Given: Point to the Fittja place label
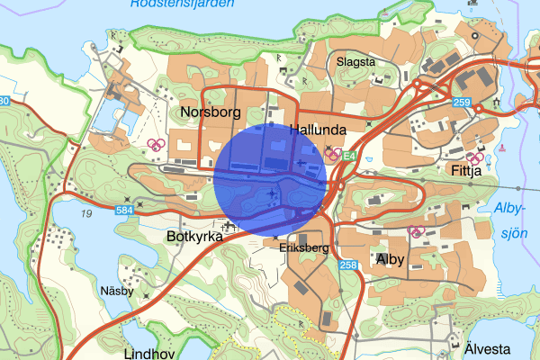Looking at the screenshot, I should (463, 168).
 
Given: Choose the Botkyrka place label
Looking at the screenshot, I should (193, 236).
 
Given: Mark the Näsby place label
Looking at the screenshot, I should (117, 291).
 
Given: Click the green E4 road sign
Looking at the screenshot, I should (348, 156).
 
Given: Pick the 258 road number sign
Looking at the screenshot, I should (348, 265).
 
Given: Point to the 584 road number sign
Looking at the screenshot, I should (126, 211).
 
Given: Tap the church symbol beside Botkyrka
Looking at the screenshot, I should (217, 225).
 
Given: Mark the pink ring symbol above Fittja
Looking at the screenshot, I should (473, 157).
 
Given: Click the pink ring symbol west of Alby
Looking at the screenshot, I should (416, 231).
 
